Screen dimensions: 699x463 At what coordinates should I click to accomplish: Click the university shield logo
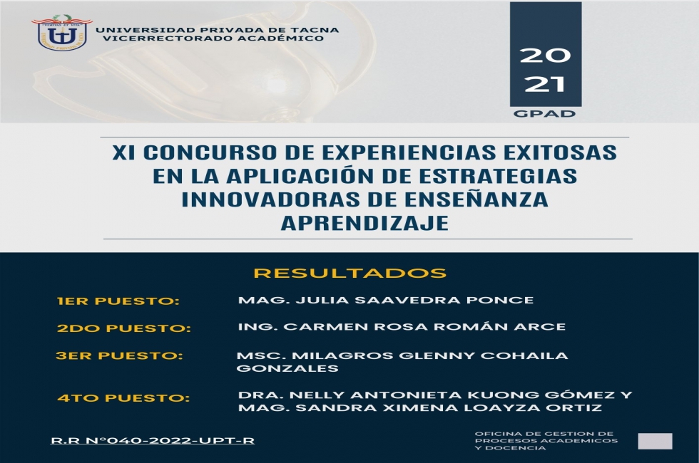[x=61, y=33]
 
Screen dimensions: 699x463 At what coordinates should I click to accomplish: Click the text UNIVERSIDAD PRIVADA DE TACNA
[x=217, y=30]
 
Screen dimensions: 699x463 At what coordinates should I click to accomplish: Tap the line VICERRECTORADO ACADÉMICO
[x=213, y=38]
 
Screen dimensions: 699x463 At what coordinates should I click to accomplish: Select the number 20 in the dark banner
[x=545, y=56]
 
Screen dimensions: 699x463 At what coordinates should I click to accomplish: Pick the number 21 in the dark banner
[x=545, y=84]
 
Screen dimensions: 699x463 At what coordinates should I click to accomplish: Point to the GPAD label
[x=544, y=113]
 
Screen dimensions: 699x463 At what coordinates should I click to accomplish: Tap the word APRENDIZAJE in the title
[x=364, y=222]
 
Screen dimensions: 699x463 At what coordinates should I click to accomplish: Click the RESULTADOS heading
[x=350, y=273]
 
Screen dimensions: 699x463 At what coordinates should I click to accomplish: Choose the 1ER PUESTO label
[x=118, y=301]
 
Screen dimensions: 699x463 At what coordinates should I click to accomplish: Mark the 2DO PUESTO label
[x=124, y=328]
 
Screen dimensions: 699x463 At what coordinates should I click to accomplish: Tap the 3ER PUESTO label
[x=120, y=355]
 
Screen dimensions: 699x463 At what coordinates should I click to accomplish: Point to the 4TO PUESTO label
[x=123, y=398]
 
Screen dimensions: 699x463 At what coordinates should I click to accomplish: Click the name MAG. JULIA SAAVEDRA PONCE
[x=386, y=300]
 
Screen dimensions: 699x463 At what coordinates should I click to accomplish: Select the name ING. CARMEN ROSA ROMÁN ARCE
[x=402, y=327]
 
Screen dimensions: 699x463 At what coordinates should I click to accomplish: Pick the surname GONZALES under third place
[x=287, y=369]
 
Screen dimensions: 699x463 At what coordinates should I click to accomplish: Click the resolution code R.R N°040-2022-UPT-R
[x=153, y=441]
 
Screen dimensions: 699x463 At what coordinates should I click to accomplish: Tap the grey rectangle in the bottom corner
[x=655, y=441]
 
